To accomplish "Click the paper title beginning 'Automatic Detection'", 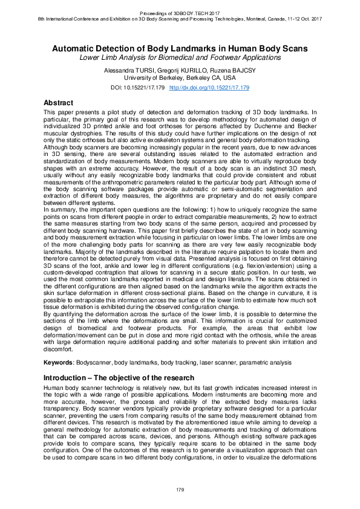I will (x=180, y=48).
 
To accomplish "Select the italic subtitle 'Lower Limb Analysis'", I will (x=180, y=58).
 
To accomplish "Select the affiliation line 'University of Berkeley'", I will (x=180, y=78).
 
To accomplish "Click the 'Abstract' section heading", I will (x=59, y=103).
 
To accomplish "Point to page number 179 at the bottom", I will (x=180, y=488).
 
